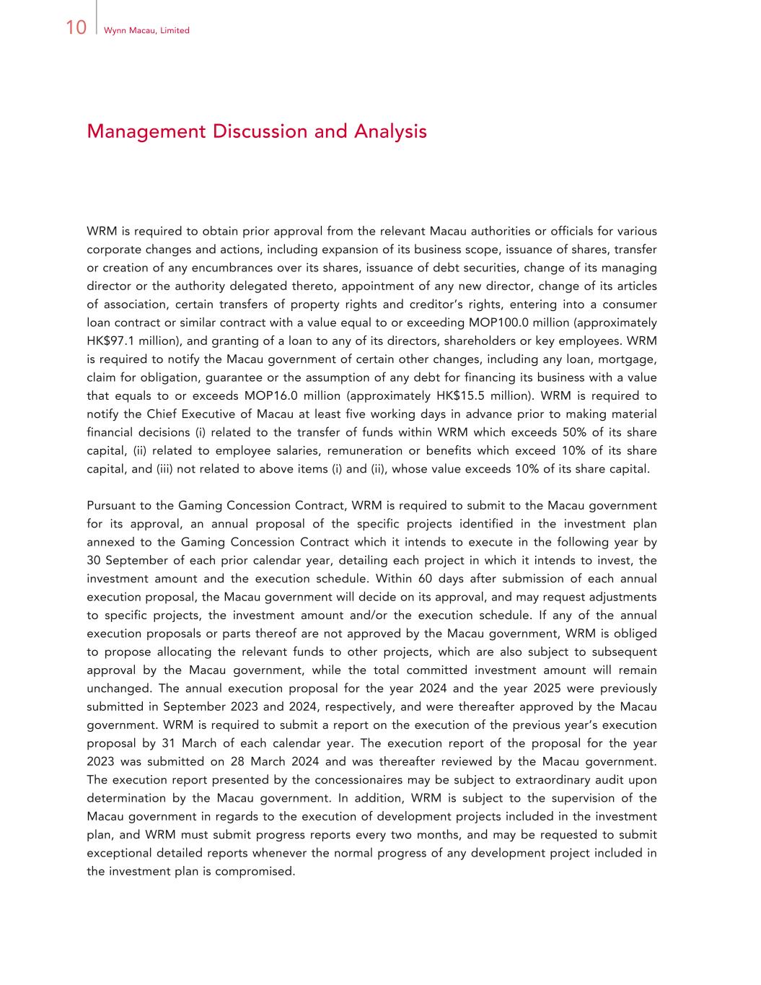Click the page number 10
pyautogui.click(x=76, y=28)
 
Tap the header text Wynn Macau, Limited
pyautogui.click(x=146, y=30)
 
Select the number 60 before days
pyautogui.click(x=426, y=579)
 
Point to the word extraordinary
pyautogui.click(x=562, y=780)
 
